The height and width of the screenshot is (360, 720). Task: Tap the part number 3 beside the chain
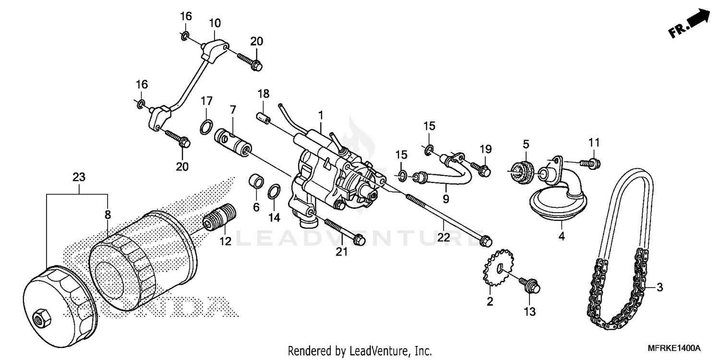(x=660, y=288)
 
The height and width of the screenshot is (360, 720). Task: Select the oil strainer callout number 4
(x=562, y=236)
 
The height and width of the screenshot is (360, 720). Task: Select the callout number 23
(x=79, y=177)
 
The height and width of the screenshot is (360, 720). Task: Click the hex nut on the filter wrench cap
(x=40, y=317)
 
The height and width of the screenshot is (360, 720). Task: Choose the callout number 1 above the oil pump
(x=320, y=115)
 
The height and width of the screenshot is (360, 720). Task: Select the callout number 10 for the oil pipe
(x=215, y=23)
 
